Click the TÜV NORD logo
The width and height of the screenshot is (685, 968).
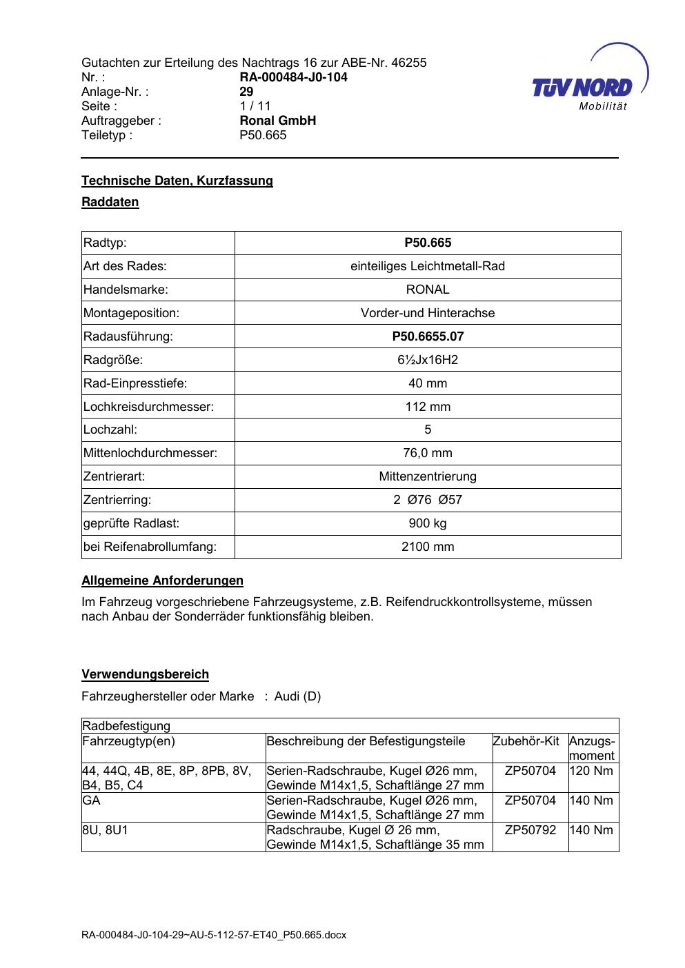583,87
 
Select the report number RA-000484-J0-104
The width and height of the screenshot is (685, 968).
293,77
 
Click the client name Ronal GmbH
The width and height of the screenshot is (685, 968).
277,121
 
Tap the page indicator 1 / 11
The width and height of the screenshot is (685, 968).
255,106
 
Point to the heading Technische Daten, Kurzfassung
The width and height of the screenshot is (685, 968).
177,181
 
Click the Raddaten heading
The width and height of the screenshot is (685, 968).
110,202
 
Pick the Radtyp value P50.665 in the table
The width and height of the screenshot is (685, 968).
428,243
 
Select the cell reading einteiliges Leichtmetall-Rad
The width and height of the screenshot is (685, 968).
428,266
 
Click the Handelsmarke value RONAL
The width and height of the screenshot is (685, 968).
428,290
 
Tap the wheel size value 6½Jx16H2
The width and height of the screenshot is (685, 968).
428,360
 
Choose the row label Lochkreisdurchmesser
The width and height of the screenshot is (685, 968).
148,407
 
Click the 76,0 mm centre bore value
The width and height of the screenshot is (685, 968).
428,453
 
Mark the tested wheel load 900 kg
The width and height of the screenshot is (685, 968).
428,523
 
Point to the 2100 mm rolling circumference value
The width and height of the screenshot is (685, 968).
428,547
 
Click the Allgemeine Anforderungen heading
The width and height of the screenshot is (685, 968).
162,581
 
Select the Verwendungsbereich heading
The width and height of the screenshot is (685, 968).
145,674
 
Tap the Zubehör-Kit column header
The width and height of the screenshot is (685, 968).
526,741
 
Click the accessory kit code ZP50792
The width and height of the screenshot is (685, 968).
530,830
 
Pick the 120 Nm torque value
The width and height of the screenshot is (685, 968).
592,771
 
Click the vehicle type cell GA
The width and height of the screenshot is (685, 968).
91,800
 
